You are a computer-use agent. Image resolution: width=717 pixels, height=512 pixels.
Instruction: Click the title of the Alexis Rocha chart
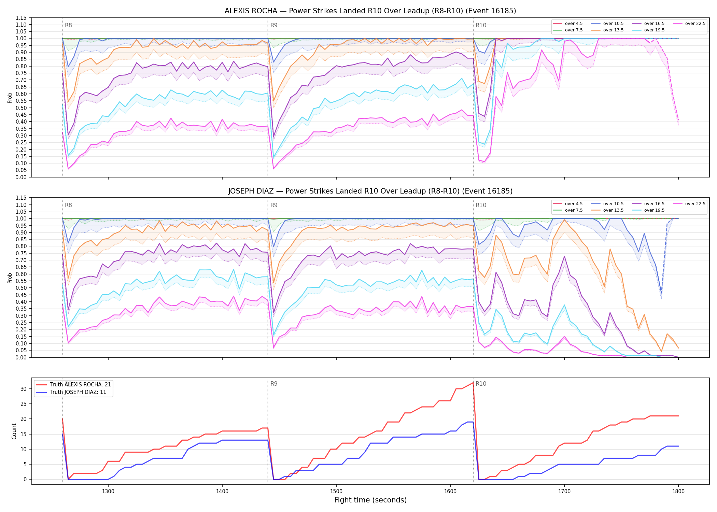point(370,11)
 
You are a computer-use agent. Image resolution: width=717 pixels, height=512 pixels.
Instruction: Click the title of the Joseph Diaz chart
point(370,191)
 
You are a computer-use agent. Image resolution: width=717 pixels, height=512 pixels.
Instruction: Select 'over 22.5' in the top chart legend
point(695,24)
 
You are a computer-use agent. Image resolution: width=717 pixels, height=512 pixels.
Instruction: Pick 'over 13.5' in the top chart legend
point(613,30)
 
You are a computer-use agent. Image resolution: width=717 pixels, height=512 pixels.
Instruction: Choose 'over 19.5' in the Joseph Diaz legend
point(654,210)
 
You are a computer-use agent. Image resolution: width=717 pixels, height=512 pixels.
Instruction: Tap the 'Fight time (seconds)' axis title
point(370,500)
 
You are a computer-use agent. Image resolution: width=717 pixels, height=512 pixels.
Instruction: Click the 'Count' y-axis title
point(14,431)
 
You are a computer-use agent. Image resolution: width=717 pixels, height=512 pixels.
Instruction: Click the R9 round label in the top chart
point(274,25)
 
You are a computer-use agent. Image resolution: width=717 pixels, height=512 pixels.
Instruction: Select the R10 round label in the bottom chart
point(481,384)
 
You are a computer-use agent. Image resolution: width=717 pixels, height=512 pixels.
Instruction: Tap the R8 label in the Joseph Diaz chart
point(68,205)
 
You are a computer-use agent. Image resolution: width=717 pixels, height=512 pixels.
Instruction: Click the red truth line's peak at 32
point(473,383)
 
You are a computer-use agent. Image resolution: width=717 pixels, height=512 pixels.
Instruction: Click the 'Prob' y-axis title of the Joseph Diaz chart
point(10,278)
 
